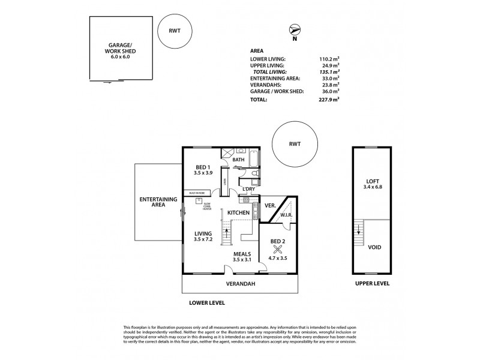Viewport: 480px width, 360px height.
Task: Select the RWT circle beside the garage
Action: [175, 29]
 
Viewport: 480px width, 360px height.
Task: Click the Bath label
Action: [238, 160]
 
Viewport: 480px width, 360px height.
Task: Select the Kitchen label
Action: [238, 213]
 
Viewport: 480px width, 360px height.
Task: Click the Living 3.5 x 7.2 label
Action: [204, 236]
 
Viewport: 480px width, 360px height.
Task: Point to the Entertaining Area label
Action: [158, 202]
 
